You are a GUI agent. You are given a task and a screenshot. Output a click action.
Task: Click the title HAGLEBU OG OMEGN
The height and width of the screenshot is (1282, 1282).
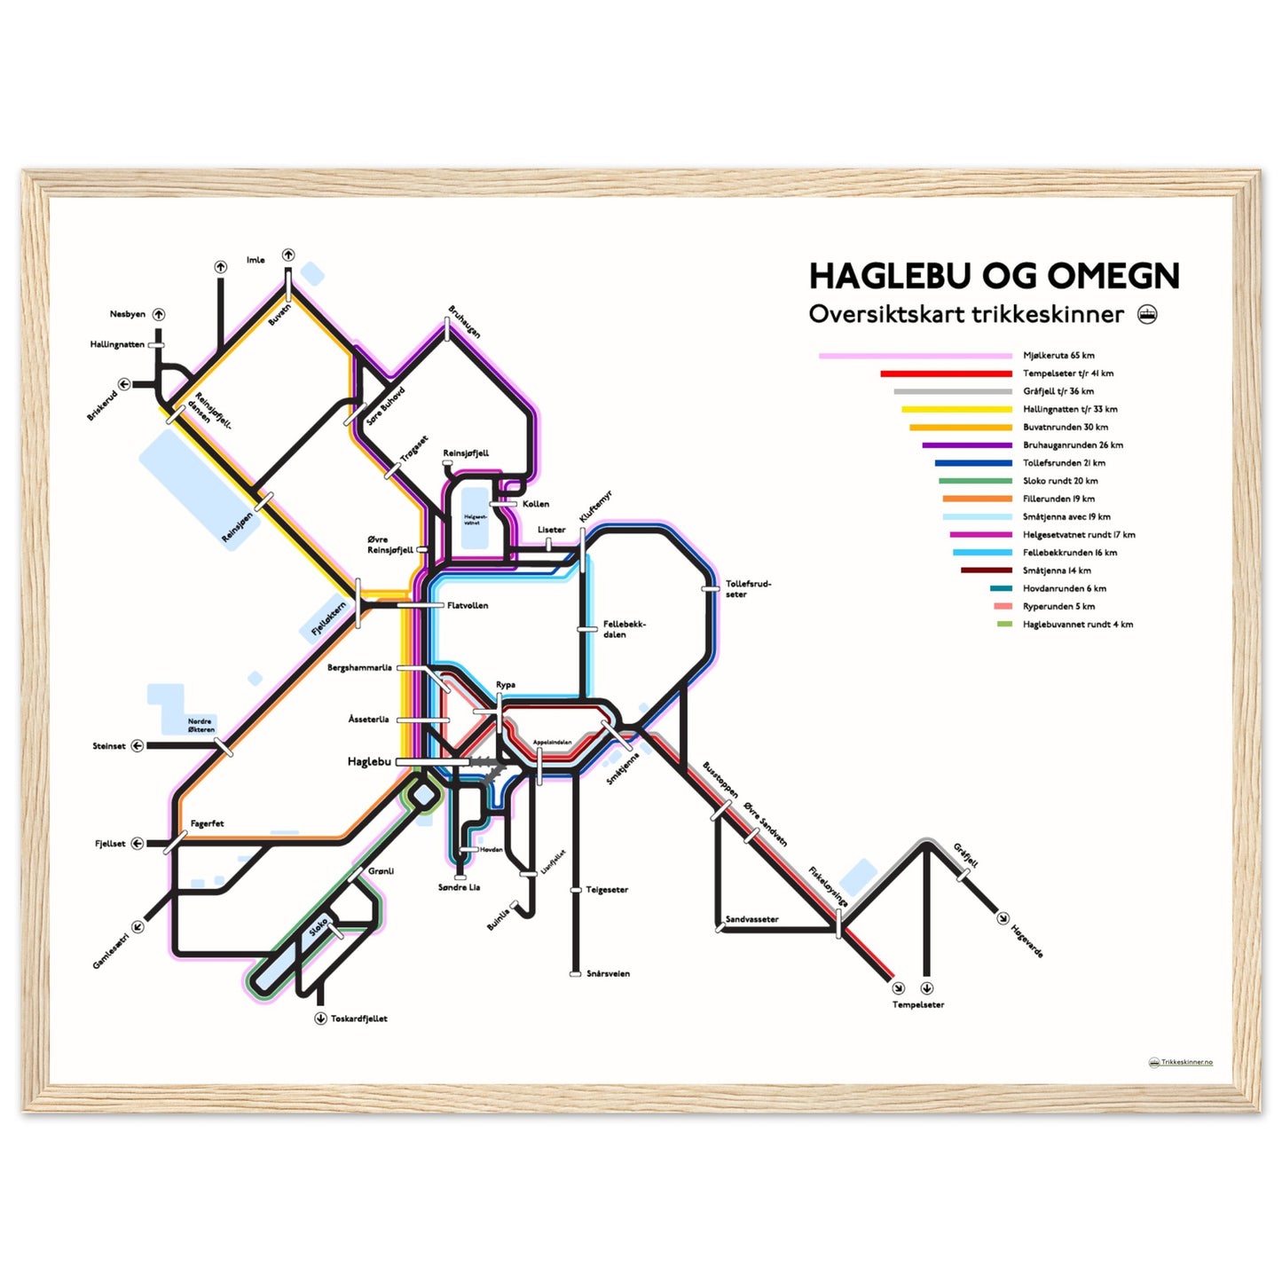pos(994,276)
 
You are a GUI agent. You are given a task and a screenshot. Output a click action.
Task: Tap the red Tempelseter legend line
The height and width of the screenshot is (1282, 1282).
pos(946,374)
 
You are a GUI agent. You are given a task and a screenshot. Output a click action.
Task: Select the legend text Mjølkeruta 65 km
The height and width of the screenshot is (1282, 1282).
pos(1058,356)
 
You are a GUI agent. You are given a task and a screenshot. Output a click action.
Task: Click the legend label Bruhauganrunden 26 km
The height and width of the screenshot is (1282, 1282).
pos(1073,445)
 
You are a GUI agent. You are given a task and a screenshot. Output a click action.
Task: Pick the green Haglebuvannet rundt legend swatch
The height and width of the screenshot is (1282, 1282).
pos(1004,625)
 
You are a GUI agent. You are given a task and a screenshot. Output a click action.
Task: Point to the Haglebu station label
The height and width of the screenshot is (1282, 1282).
pos(369,762)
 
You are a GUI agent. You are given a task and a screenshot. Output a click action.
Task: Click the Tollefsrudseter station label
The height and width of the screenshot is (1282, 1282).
pos(748,589)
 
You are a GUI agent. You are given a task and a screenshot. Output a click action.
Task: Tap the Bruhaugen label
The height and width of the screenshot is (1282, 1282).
pos(464,322)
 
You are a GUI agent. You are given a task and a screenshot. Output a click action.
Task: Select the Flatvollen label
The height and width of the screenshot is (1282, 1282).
pos(468,606)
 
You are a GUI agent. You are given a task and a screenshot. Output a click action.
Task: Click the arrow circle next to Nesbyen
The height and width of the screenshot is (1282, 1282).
pos(159,314)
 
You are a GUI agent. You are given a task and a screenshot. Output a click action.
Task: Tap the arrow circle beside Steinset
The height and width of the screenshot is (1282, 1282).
pos(138,746)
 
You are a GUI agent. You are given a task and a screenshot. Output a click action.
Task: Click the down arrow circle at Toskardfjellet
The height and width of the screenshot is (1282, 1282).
pos(320,1019)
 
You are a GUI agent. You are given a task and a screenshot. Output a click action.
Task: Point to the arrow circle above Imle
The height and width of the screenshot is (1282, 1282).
pos(288,256)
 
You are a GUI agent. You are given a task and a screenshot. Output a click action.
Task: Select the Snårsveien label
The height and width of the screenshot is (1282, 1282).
pos(608,974)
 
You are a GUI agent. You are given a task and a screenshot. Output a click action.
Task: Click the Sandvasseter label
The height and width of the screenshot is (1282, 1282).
pos(752,920)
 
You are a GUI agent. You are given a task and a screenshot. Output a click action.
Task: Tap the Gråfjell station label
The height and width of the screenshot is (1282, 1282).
pos(966,855)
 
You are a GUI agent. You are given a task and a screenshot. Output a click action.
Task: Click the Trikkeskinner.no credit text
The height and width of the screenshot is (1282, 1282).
pos(1186,1062)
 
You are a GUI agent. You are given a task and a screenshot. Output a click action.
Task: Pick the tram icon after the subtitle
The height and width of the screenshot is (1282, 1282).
pos(1147,314)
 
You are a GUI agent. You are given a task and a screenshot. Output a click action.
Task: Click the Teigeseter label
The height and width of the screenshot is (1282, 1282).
pos(607,890)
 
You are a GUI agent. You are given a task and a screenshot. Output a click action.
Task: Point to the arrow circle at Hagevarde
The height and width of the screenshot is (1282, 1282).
pos(1003,918)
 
